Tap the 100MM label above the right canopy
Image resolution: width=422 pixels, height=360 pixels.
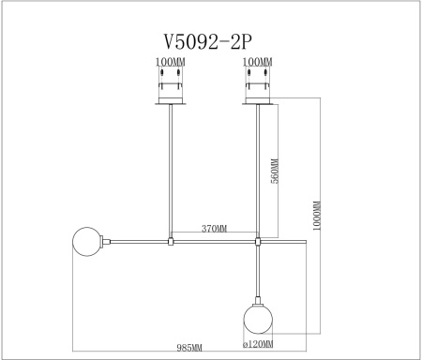click(258, 63)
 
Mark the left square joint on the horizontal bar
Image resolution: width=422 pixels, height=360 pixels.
click(169, 242)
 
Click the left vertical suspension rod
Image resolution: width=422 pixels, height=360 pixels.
click(169, 169)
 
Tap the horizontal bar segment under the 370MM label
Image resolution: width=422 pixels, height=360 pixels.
click(214, 242)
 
